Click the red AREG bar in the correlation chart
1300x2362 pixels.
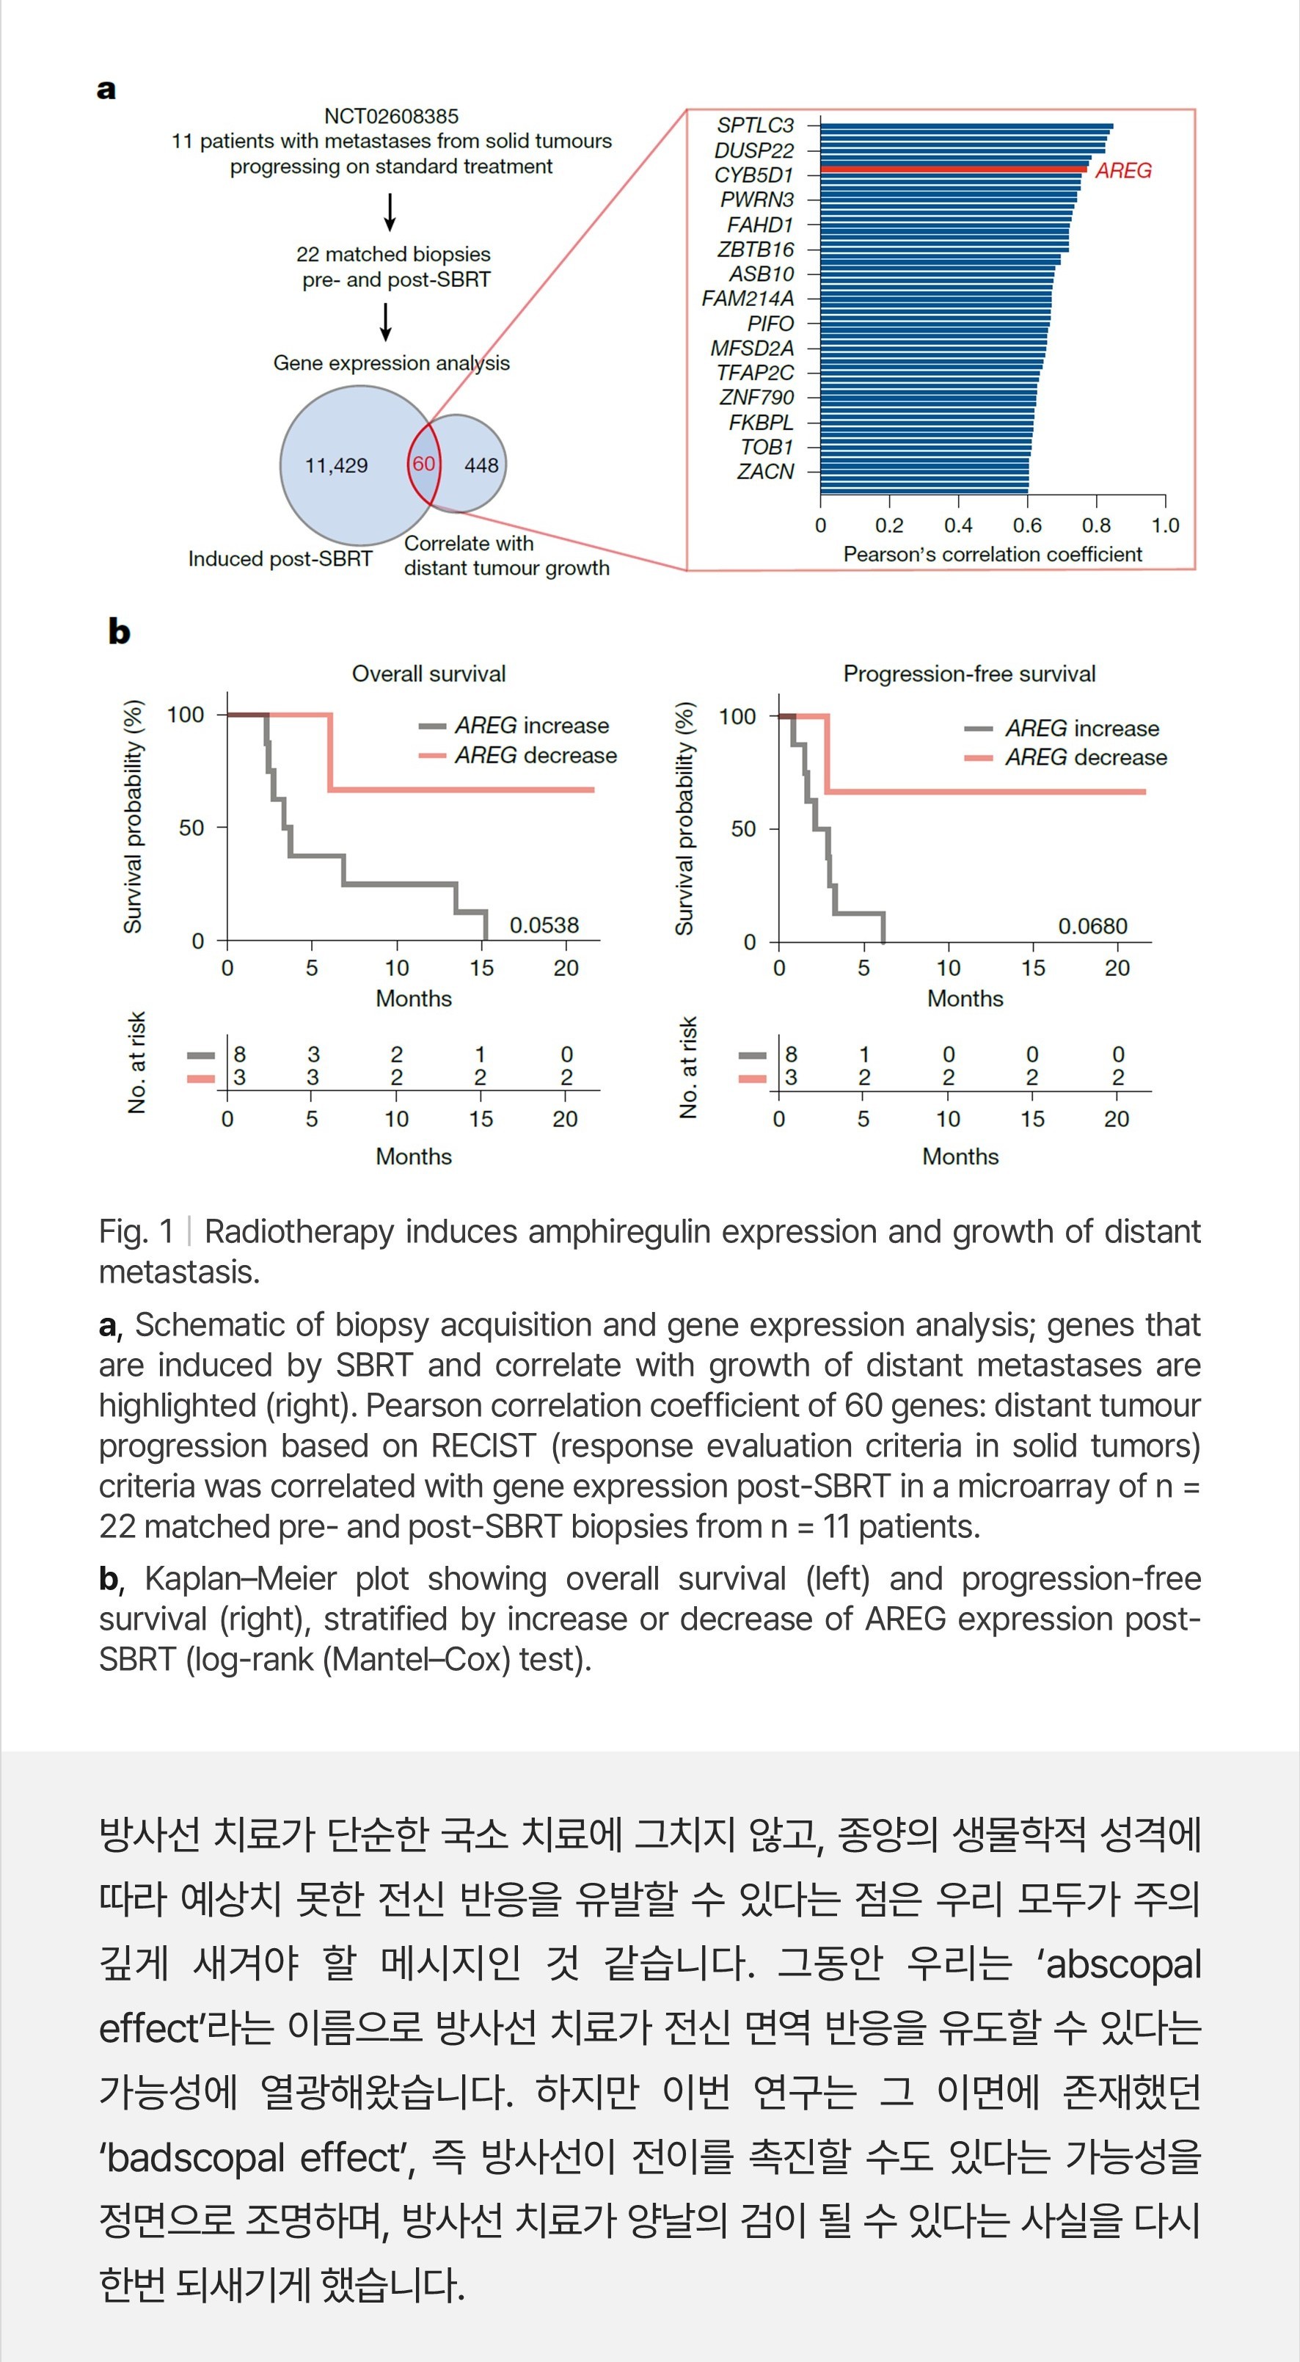click(x=954, y=169)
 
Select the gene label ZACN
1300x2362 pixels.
click(x=765, y=471)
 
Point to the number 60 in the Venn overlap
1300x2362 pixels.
click(x=423, y=464)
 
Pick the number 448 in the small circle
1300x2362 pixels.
click(x=481, y=466)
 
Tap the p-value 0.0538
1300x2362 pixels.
click(x=544, y=925)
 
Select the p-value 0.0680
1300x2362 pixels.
click(x=1093, y=926)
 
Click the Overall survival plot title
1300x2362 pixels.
click(x=428, y=674)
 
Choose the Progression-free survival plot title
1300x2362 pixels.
click(x=969, y=674)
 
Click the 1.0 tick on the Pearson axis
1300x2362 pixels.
click(x=1165, y=525)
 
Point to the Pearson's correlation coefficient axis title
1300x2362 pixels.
click(x=992, y=555)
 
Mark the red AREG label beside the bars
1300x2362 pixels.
click(x=1123, y=170)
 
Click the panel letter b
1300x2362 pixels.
click(x=118, y=632)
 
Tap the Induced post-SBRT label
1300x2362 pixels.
click(x=280, y=558)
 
